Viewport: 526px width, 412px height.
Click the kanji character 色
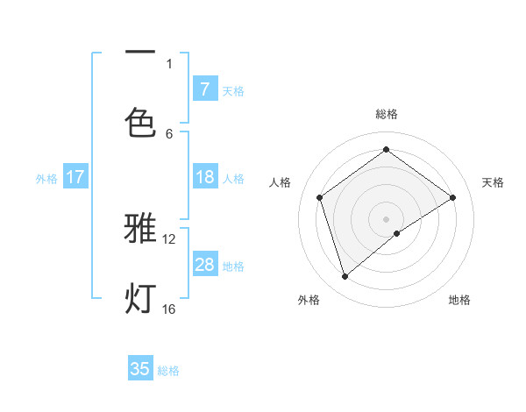coord(140,122)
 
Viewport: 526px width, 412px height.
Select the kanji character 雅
coord(140,229)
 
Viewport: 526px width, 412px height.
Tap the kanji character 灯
coord(140,298)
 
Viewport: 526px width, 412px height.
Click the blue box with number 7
coord(204,89)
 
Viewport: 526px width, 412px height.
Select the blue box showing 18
coord(204,177)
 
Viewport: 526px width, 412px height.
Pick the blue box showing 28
coord(204,265)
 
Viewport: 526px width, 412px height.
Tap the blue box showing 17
coord(75,177)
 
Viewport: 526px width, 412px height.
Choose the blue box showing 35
coord(140,369)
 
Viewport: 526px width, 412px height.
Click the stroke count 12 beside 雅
coord(169,238)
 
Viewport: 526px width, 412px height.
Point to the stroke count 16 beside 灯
coord(169,309)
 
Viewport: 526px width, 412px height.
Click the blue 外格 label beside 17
coord(46,178)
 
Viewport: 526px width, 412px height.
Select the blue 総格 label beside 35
coord(168,370)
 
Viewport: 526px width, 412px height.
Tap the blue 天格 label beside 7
coord(233,89)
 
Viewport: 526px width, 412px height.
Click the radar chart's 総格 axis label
coord(386,114)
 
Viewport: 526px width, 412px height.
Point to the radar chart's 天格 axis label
coord(493,182)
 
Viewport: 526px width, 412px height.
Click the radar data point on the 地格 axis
coord(397,233)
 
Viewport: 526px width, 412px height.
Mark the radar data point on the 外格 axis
coord(345,276)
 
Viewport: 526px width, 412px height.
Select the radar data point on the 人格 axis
coord(320,197)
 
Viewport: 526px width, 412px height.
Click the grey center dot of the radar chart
coord(386,218)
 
